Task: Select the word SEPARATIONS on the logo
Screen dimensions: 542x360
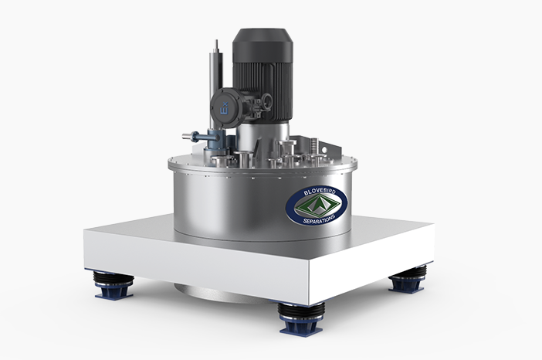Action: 319,219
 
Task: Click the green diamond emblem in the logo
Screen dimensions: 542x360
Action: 317,205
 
